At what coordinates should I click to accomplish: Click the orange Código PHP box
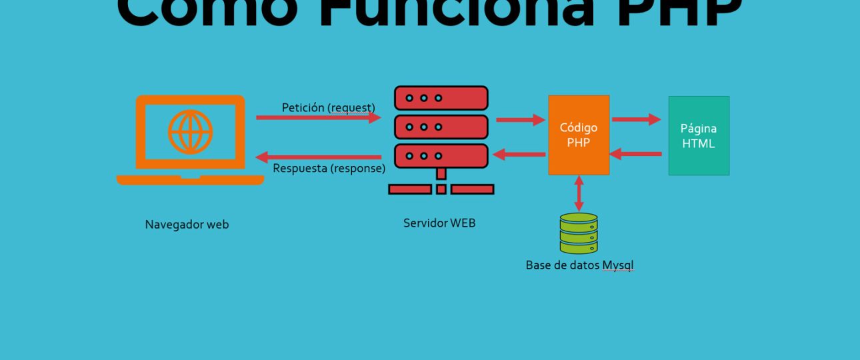[579, 135]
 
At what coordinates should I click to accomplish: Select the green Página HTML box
[699, 135]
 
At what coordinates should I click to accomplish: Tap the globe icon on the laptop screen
[190, 132]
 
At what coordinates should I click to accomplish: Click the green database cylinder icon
[579, 233]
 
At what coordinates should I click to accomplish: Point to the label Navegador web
[187, 225]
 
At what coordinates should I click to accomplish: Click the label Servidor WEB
[439, 223]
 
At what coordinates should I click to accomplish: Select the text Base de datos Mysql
[579, 265]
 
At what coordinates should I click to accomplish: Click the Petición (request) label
[328, 107]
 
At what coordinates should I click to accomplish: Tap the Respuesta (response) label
[329, 168]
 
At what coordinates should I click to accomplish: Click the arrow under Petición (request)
[318, 118]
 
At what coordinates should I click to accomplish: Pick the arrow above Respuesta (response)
[318, 157]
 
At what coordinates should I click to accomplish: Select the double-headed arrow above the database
[579, 194]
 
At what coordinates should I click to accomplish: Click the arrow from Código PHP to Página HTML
[636, 119]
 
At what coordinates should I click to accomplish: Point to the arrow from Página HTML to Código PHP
[636, 154]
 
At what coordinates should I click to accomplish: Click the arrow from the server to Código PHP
[521, 120]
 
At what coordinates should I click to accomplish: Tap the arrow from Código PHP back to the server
[519, 155]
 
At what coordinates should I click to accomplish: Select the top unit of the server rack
[441, 98]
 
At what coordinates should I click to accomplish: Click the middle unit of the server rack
[441, 127]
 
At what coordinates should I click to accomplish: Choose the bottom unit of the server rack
[441, 155]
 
